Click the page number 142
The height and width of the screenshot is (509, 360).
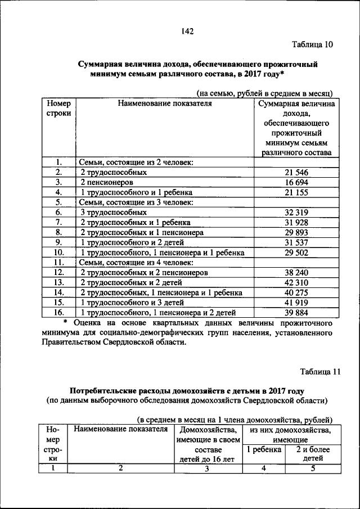tap(187, 31)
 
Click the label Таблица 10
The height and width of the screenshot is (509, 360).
tap(312, 45)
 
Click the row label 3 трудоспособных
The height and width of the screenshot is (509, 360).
tap(113, 213)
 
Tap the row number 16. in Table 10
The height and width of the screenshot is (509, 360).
tap(58, 313)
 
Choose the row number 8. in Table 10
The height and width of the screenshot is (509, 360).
tap(58, 233)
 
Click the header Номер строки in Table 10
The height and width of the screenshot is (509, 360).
tap(58, 109)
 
